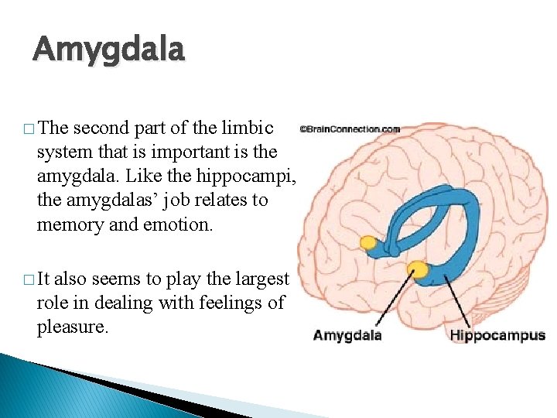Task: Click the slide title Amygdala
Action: (x=109, y=50)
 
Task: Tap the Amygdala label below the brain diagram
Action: (x=347, y=335)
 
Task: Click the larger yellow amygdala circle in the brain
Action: (x=419, y=269)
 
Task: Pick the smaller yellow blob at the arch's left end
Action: (x=368, y=243)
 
